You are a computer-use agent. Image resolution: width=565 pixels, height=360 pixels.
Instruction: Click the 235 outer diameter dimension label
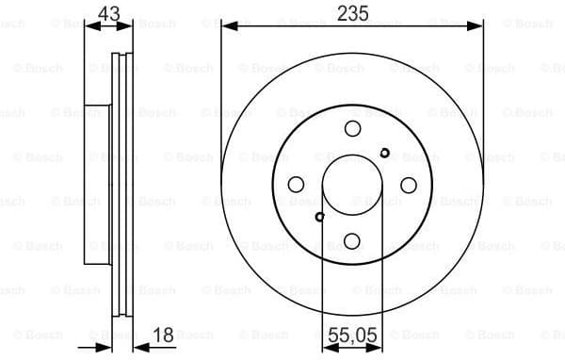click(352, 12)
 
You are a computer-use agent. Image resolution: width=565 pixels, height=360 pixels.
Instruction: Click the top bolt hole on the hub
click(352, 129)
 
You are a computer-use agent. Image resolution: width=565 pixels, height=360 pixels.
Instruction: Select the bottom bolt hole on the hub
click(352, 240)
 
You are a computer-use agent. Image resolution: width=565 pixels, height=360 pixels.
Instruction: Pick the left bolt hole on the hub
click(297, 185)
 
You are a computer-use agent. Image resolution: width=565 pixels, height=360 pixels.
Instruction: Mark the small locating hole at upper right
click(384, 153)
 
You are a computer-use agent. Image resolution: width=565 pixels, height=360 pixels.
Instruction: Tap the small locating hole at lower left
click(320, 217)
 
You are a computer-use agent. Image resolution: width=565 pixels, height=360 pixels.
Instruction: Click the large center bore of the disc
click(352, 185)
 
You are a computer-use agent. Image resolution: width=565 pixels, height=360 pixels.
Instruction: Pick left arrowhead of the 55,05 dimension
click(327, 346)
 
